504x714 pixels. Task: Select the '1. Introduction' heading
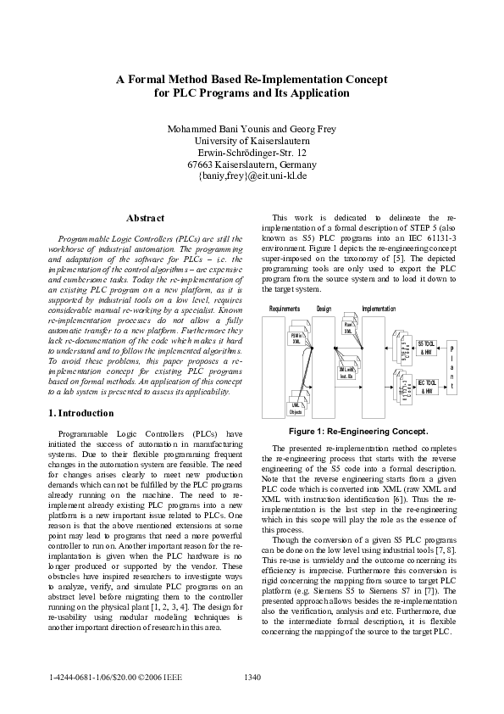coord(81,413)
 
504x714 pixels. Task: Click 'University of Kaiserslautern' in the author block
coord(252,140)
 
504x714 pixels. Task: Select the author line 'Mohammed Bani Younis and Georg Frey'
coord(252,128)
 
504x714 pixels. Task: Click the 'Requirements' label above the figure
coord(285,310)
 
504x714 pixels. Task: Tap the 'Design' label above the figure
coord(324,310)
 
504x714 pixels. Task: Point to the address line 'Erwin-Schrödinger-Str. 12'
coord(252,153)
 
